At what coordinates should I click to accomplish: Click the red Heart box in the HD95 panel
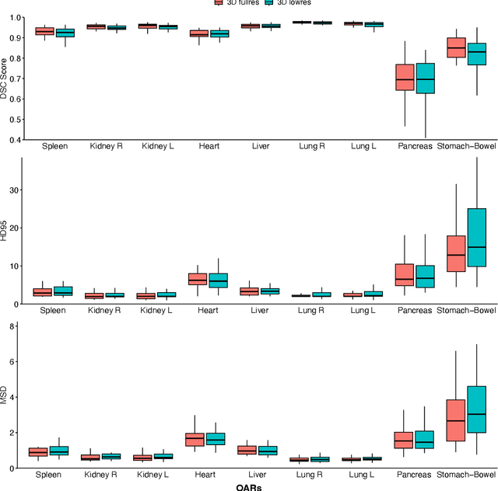198,279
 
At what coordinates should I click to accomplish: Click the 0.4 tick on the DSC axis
15,140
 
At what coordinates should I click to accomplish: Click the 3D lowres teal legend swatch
269,2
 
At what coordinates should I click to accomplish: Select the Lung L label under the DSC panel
363,146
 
